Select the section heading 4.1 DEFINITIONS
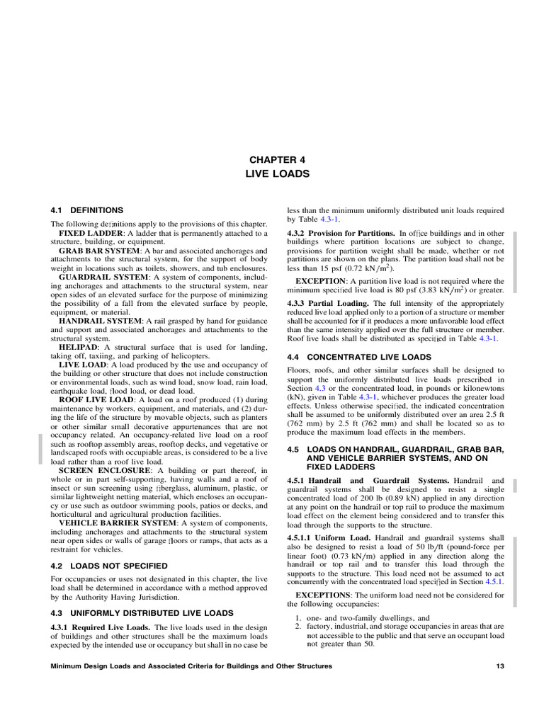pyautogui.click(x=87, y=210)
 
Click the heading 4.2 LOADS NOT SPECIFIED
pyautogui.click(x=109, y=566)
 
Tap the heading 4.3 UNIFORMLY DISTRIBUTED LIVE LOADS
pyautogui.click(x=142, y=612)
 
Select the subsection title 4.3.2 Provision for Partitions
pyautogui.click(x=341, y=233)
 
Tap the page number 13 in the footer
pyautogui.click(x=499, y=667)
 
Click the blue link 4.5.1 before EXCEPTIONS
pyautogui.click(x=493, y=581)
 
